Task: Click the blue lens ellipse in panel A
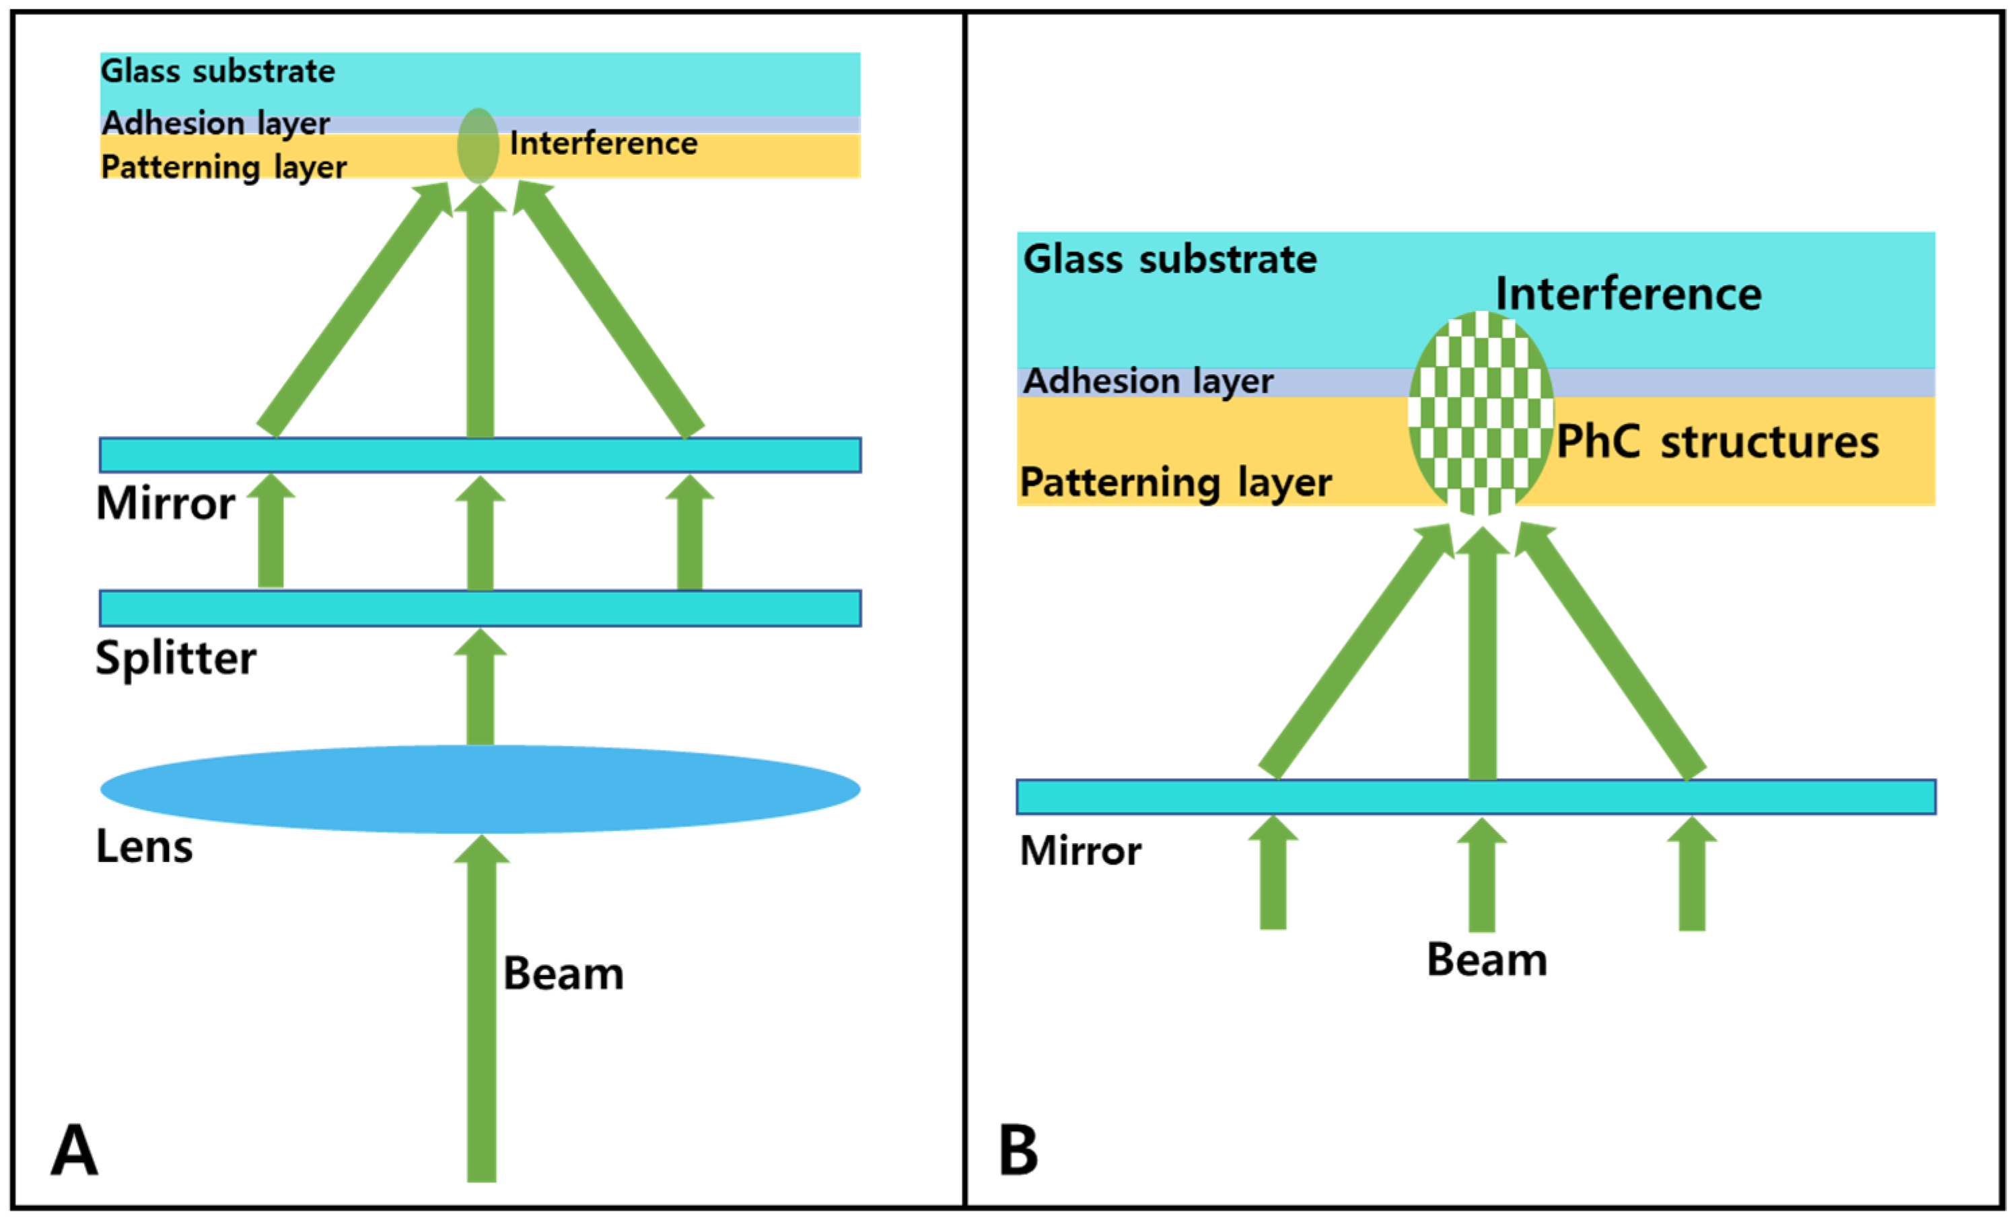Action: click(480, 789)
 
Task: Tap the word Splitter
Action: click(175, 658)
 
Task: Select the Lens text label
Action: click(145, 846)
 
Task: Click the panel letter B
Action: click(1018, 1150)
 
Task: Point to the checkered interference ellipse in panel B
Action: click(1480, 413)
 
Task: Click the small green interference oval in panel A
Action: click(478, 145)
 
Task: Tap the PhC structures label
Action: click(1718, 442)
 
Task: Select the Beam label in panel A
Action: click(563, 974)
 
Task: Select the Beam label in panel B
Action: click(1487, 960)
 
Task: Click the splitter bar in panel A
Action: click(480, 608)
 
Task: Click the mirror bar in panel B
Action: click(1475, 797)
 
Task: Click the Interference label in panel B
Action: click(1628, 293)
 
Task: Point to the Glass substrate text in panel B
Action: click(1170, 260)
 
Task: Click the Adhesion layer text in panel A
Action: click(215, 123)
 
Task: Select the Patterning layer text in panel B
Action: click(1175, 482)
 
